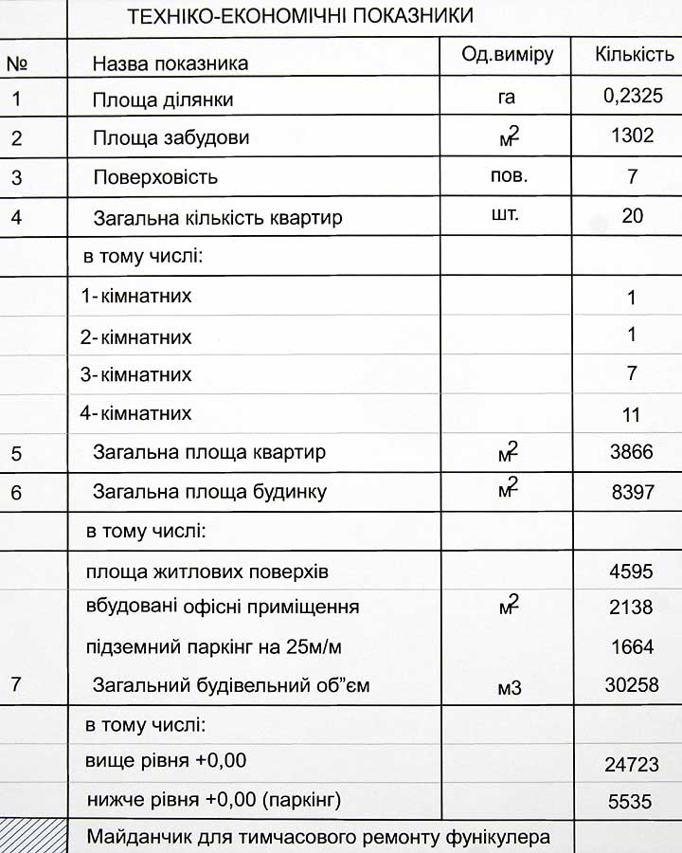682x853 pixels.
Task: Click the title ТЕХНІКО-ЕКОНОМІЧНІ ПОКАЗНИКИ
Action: click(x=299, y=16)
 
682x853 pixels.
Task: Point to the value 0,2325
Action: click(x=632, y=95)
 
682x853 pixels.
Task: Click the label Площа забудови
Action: click(x=170, y=138)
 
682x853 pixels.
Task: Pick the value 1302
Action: click(x=632, y=136)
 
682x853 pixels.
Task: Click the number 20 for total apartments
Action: click(x=632, y=216)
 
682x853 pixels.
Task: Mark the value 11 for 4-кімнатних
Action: click(x=632, y=415)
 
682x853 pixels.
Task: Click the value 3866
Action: click(x=632, y=452)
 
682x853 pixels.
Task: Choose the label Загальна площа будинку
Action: click(x=209, y=492)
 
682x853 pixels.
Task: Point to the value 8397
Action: click(x=632, y=492)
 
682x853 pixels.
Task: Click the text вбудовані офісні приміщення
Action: click(x=222, y=607)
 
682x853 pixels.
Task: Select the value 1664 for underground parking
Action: click(x=632, y=647)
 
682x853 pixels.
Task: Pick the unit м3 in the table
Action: click(x=509, y=687)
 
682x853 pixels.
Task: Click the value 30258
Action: click(x=632, y=684)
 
